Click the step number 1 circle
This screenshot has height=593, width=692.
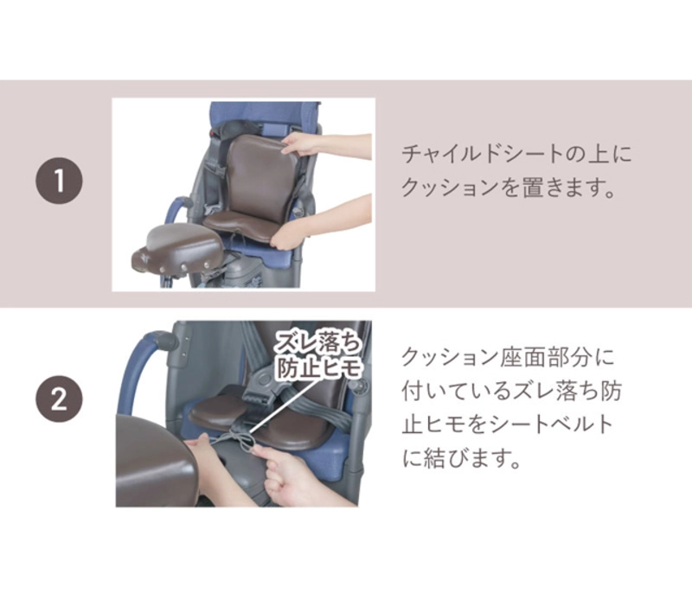click(x=59, y=181)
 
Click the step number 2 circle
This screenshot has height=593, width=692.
click(x=59, y=399)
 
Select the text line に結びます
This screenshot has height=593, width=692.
click(x=462, y=457)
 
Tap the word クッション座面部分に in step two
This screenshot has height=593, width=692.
click(x=508, y=357)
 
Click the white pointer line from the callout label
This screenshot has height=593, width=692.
click(x=284, y=403)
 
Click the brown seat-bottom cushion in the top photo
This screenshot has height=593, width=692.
click(x=242, y=220)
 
